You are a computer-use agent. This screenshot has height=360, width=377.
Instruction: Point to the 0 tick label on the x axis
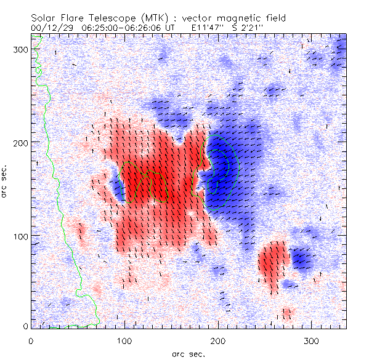click(x=30, y=340)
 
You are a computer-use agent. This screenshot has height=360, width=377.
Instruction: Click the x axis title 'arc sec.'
click(x=188, y=354)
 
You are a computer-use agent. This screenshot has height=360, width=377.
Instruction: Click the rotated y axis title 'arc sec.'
click(x=7, y=182)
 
